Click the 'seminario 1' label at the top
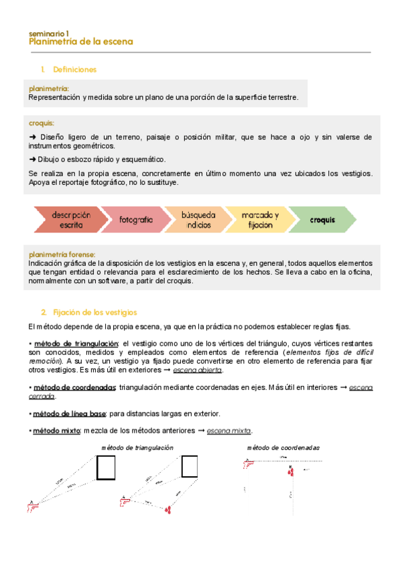[48, 32]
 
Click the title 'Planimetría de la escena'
[80, 42]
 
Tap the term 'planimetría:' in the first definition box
[49, 88]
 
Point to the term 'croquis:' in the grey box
[42, 123]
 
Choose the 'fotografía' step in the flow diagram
[136, 220]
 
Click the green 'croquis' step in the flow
[322, 220]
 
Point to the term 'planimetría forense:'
[62, 255]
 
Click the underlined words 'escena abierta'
[198, 370]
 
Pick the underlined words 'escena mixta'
[229, 431]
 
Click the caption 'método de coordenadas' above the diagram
[283, 447]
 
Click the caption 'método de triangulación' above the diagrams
[137, 447]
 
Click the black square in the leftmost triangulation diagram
[106, 468]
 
